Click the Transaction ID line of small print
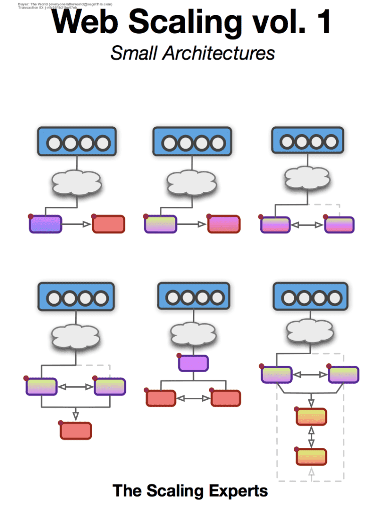[x=48, y=8]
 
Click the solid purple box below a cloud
[x=193, y=363]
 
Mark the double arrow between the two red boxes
[x=194, y=399]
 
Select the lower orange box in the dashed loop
[x=311, y=457]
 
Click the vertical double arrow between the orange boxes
[x=311, y=437]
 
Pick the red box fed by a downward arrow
[x=76, y=431]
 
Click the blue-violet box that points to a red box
[x=45, y=224]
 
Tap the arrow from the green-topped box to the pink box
[x=192, y=224]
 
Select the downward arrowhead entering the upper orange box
[x=311, y=403]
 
